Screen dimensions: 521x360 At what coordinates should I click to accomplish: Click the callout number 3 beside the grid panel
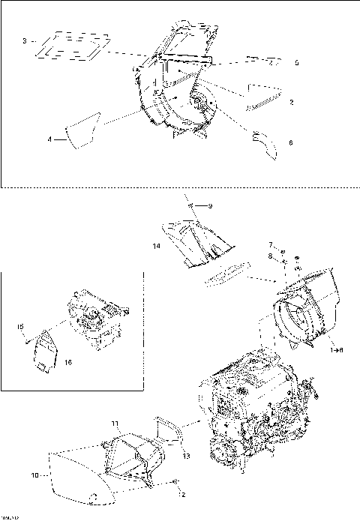click(25, 40)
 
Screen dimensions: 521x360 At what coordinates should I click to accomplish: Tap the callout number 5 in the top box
click(296, 64)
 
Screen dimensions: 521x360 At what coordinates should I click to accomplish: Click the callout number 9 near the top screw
click(211, 206)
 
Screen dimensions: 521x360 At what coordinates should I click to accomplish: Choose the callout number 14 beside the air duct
click(157, 246)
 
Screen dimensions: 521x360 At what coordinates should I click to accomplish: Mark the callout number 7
click(272, 245)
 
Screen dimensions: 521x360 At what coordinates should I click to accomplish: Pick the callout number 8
click(272, 256)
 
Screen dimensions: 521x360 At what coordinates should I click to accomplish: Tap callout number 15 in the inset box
click(21, 327)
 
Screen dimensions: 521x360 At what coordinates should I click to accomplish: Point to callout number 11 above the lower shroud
click(115, 424)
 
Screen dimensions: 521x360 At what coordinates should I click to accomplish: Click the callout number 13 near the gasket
click(186, 456)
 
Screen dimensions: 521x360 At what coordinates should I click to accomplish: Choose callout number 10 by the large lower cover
click(34, 475)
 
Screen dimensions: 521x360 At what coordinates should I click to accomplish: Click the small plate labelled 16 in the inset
click(48, 350)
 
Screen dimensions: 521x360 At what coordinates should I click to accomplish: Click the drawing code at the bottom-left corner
click(9, 517)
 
